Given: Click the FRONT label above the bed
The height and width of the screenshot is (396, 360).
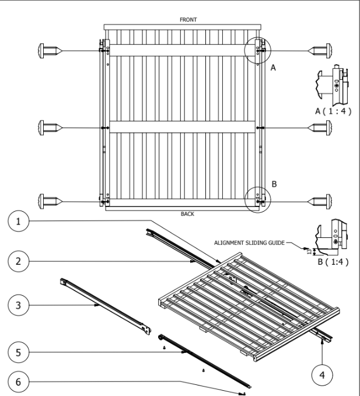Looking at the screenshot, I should [x=187, y=19].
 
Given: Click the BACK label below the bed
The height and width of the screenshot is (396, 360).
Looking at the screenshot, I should [x=187, y=214].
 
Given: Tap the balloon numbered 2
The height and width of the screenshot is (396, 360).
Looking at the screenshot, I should [x=20, y=261].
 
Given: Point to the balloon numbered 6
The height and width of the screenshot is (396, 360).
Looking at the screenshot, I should [x=20, y=382].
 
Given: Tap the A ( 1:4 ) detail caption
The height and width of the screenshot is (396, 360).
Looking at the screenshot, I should [x=333, y=111].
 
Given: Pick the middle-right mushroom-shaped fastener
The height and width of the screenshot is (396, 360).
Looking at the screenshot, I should [x=323, y=127].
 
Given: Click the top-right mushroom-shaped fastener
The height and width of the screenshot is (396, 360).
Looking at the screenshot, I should [x=323, y=50].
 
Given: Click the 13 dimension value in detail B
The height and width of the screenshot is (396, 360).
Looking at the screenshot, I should [x=308, y=251].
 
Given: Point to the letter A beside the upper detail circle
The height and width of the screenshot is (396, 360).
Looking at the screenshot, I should [x=272, y=68].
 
